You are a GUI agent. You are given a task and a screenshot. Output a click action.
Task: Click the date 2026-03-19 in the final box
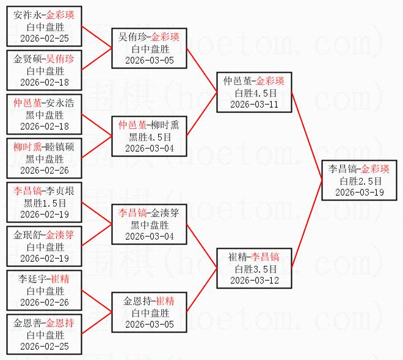click(x=359, y=192)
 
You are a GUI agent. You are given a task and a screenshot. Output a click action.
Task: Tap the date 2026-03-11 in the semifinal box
click(x=254, y=104)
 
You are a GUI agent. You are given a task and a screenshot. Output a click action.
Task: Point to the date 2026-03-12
click(x=254, y=280)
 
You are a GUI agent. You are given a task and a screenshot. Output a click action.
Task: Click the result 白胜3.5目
click(x=254, y=269)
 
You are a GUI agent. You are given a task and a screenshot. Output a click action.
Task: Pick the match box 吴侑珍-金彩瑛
click(x=149, y=48)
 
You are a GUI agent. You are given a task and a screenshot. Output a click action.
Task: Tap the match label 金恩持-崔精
click(x=149, y=301)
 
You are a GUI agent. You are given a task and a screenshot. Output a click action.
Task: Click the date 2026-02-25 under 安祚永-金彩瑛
click(x=43, y=38)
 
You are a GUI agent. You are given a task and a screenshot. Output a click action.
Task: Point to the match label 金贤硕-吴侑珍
click(x=43, y=59)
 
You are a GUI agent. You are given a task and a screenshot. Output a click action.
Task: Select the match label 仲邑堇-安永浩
click(x=43, y=103)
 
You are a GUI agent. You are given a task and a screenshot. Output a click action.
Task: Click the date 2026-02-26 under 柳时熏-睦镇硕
click(x=43, y=170)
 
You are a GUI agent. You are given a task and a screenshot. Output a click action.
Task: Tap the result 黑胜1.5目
click(x=43, y=202)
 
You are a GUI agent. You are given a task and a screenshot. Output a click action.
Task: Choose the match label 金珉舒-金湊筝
click(x=43, y=235)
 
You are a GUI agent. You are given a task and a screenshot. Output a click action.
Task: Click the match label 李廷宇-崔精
click(x=43, y=279)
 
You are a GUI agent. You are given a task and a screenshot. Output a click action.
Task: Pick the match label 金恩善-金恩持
click(x=43, y=323)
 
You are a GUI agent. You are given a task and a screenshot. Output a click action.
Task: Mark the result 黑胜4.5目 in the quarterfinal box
click(x=149, y=137)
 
